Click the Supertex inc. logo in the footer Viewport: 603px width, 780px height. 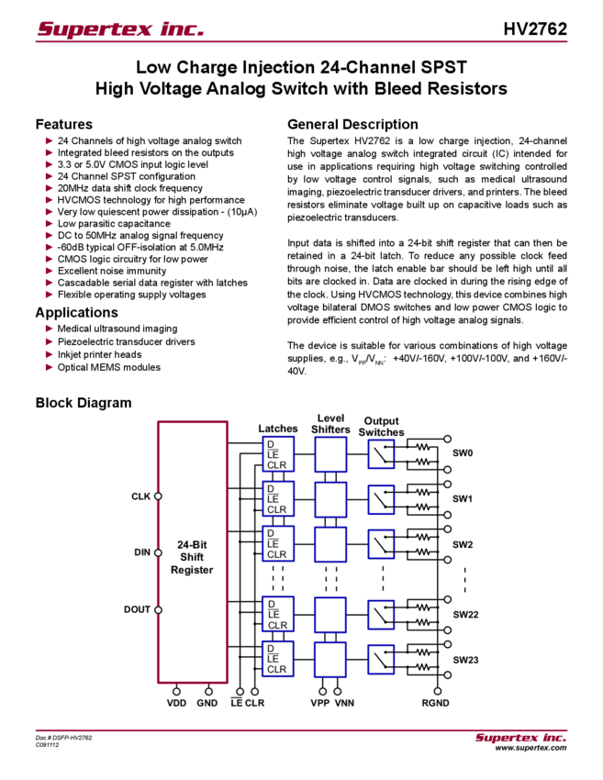tap(520, 738)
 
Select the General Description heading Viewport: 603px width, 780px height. tap(352, 124)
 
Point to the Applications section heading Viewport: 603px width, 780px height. tap(77, 312)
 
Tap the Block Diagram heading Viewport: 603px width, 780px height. tap(85, 403)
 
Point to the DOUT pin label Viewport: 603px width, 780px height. tap(138, 609)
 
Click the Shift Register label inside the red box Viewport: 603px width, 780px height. tap(191, 556)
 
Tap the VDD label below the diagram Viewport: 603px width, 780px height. tap(175, 703)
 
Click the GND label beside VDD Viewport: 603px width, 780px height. tap(208, 703)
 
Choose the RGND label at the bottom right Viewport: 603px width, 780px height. tap(435, 703)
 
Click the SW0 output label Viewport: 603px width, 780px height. tap(463, 453)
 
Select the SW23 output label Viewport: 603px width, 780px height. tap(465, 660)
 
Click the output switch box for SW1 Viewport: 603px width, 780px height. tap(381, 498)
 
